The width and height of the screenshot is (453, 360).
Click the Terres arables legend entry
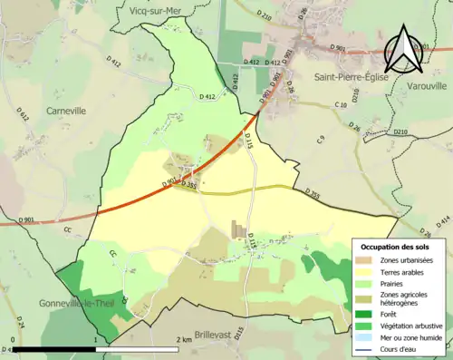[410, 271]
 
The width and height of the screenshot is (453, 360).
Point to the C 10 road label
[340, 106]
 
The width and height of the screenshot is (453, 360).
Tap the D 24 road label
[20, 323]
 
